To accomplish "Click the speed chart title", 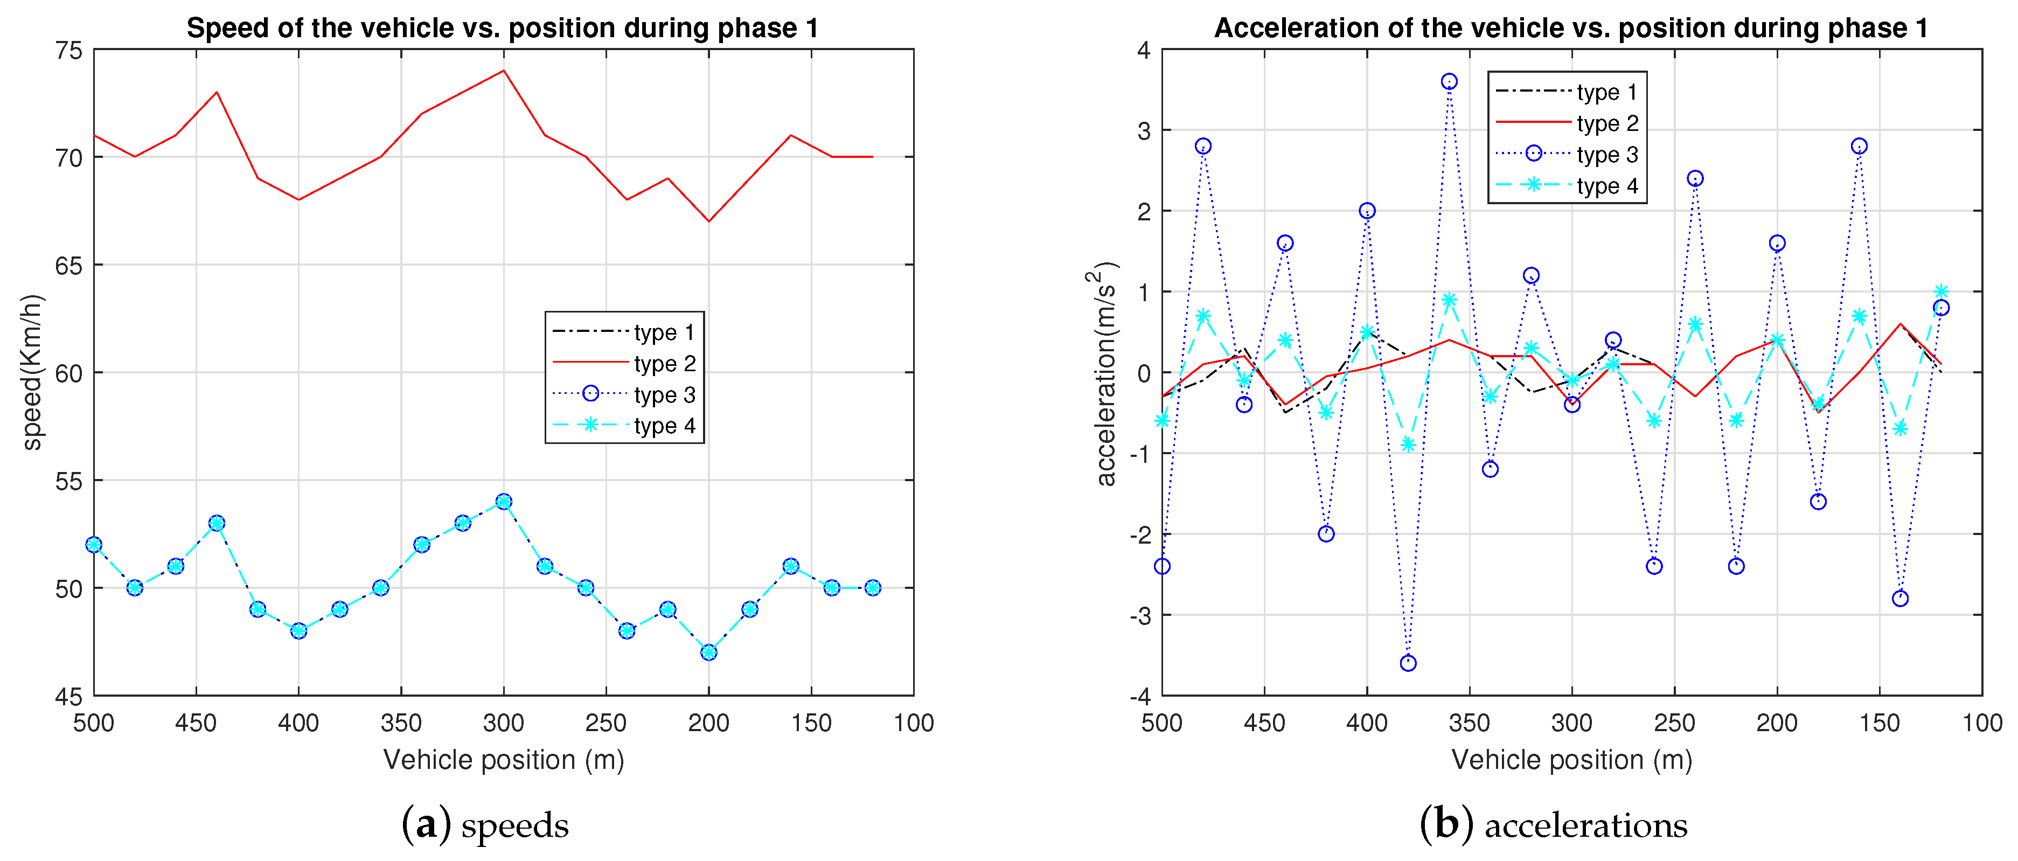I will click(502, 28).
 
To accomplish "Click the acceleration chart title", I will click(1571, 28).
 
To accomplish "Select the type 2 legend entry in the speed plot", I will click(664, 364).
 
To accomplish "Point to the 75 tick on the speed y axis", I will click(69, 50).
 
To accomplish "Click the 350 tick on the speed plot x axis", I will click(401, 723).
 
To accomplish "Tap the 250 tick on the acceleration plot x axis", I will click(1674, 723).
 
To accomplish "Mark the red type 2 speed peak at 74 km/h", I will click(504, 71).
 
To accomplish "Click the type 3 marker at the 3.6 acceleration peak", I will click(1449, 81).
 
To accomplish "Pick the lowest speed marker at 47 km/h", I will click(709, 652).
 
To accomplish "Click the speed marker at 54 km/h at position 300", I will click(504, 502).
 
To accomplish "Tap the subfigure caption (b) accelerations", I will click(1554, 825).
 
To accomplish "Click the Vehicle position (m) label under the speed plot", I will click(503, 760).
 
